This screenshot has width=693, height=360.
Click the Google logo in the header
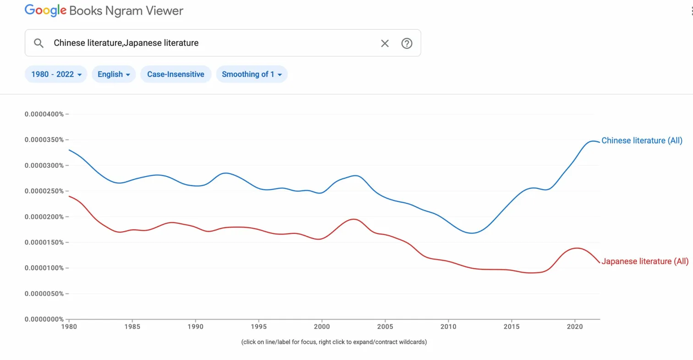(46, 10)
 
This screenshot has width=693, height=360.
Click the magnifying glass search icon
(39, 43)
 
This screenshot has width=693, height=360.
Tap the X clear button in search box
(385, 43)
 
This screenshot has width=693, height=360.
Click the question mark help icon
(407, 43)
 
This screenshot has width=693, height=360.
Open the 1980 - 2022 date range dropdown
(56, 74)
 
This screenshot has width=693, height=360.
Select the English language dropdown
(114, 74)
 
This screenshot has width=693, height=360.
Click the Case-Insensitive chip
(176, 74)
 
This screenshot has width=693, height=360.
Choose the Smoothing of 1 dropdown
(252, 74)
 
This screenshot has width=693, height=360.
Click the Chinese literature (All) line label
(642, 141)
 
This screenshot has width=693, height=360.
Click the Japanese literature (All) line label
(644, 261)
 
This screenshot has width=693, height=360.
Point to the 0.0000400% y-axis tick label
(44, 114)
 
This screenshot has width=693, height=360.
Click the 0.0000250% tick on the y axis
(44, 191)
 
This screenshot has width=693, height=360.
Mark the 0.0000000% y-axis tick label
(44, 319)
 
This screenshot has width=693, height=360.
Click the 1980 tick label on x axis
(69, 327)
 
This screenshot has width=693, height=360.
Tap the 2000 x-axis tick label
(322, 327)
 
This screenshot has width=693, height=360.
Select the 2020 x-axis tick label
(574, 327)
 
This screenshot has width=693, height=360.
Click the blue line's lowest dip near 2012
(473, 233)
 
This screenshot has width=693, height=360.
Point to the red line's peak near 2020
(576, 248)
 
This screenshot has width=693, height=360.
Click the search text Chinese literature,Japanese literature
(126, 43)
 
